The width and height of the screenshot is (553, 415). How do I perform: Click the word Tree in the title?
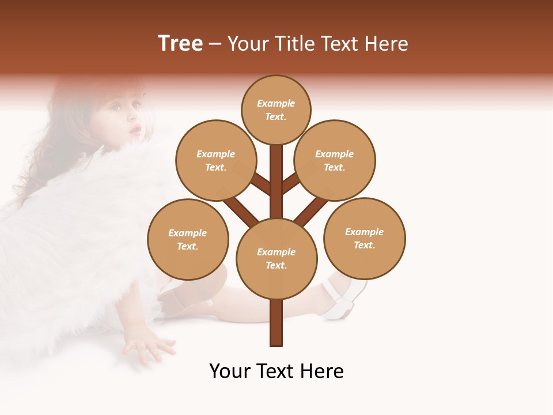180,43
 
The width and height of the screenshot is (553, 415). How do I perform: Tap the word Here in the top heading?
386,44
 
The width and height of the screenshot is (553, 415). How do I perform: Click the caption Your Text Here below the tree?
276,371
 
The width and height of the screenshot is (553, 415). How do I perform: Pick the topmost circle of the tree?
276,110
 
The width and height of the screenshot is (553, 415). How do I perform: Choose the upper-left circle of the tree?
215,160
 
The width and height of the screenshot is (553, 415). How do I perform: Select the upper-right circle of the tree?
335,160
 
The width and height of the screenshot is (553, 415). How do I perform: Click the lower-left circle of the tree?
188,239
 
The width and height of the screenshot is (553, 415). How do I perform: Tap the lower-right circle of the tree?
364,238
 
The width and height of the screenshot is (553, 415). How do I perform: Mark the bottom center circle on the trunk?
276,259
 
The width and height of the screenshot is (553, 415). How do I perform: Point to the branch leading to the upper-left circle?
261,184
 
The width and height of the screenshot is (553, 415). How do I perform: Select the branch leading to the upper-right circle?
290,183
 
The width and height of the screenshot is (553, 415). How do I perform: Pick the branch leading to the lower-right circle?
311,211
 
